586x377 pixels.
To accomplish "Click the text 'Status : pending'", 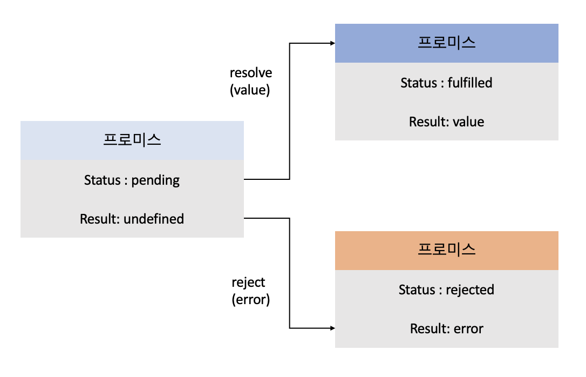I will pos(132,180).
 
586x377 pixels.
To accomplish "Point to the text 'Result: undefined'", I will pos(132,219).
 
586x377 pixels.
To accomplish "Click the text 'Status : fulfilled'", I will pos(446,83).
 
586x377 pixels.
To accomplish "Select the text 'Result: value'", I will pos(446,122).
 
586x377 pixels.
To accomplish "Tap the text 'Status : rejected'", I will pos(446,290).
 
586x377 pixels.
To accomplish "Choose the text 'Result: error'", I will pos(446,328).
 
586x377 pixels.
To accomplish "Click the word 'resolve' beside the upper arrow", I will pos(251,73).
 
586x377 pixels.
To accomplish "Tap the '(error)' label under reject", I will pos(250,299).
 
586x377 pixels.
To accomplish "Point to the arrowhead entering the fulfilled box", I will pos(331,43).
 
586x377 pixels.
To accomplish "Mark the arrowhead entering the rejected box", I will pos(331,328).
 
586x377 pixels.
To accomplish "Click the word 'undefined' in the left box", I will pos(154,219).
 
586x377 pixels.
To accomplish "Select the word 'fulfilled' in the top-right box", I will pos(470,83).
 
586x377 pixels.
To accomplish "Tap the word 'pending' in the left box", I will pos(156,180).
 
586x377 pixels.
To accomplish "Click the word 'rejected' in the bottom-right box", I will pos(470,290).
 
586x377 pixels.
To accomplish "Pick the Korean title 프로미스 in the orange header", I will pos(447,250).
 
